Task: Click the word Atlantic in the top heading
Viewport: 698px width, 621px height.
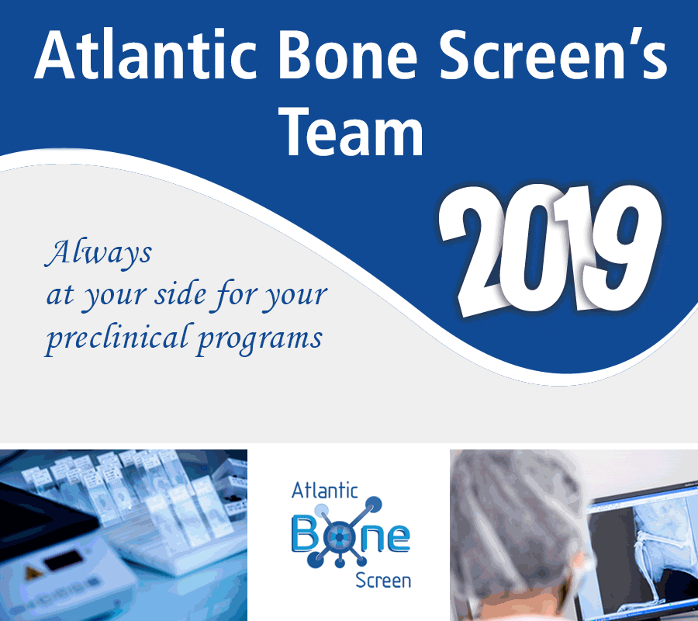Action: (146, 55)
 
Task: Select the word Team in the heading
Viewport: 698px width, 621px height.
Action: (351, 132)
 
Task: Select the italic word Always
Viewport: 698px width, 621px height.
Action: (98, 253)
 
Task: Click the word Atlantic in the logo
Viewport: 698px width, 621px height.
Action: (324, 491)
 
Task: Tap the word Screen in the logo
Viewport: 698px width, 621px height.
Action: (383, 581)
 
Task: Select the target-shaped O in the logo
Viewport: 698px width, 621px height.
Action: (339, 538)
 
